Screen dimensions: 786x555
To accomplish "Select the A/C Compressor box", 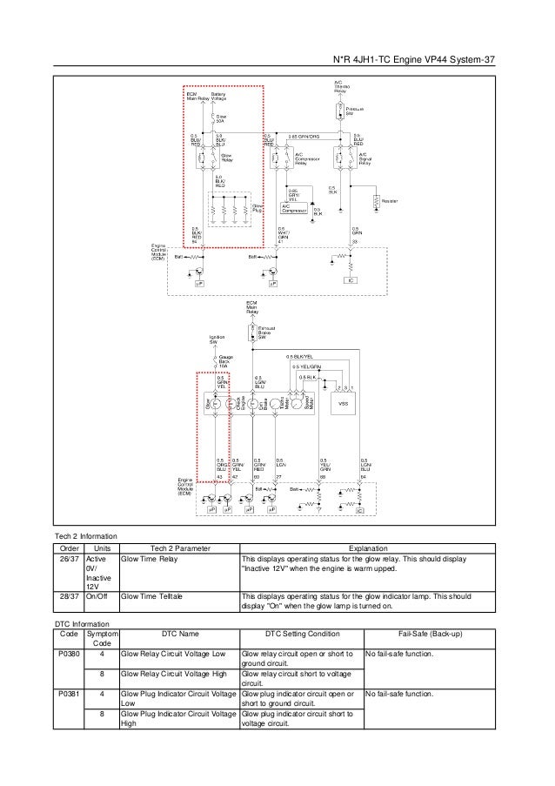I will (x=291, y=207).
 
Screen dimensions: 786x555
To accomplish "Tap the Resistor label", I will (x=389, y=201).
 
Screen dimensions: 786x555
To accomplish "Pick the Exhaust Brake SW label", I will (x=266, y=331).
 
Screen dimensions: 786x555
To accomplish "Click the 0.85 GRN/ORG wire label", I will (x=303, y=136).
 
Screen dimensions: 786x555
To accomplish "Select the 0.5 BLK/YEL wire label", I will (x=299, y=357).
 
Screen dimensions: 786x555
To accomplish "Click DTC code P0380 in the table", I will (x=68, y=654).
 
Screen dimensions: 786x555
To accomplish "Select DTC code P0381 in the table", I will (x=68, y=694).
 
